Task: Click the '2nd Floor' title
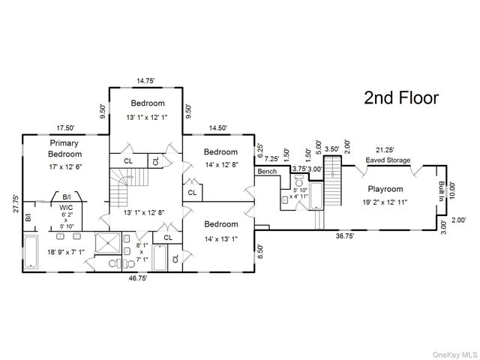point(401,98)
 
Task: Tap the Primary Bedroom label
point(64,148)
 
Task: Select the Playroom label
point(385,189)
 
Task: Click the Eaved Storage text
point(388,160)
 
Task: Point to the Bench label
point(267,172)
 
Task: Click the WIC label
point(66,208)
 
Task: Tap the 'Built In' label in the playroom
point(441,191)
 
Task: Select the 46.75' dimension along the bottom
point(138,278)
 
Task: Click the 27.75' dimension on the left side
point(16,203)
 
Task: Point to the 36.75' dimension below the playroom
point(345,236)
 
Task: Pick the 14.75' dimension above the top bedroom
point(145,81)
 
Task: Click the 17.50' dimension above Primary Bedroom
point(65,128)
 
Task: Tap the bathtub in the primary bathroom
point(31,252)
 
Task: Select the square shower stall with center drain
point(108,243)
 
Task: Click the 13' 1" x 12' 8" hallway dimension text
point(144,212)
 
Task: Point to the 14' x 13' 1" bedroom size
point(221,238)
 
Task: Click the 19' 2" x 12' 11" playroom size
point(385,202)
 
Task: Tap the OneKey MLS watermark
point(455,355)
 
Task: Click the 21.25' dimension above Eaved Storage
point(385,150)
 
